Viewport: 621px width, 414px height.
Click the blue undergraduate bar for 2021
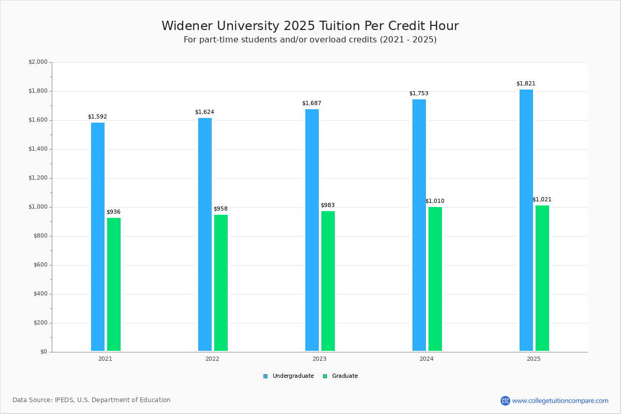98,236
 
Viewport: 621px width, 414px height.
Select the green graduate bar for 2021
114,284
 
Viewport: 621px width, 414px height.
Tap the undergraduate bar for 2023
312,230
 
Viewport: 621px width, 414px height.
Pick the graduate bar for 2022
221,283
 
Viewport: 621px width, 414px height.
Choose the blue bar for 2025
526,220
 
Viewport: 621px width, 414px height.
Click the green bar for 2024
435,279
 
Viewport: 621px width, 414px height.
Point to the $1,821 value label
526,84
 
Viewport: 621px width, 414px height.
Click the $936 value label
113,212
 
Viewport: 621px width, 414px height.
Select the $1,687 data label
312,103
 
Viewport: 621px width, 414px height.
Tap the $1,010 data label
435,201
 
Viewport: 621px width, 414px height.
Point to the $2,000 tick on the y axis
38,62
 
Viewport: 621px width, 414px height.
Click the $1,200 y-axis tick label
38,178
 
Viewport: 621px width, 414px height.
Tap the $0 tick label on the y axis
43,352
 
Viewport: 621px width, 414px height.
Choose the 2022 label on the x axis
212,359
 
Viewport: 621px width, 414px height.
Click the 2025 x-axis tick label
534,359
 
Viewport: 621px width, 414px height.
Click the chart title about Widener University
310,26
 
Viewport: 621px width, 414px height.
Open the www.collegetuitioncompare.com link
560,401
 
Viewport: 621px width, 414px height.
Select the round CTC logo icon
505,401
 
